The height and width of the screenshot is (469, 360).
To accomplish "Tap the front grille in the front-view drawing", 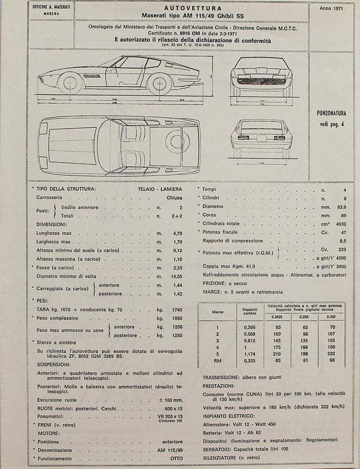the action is point(261,82).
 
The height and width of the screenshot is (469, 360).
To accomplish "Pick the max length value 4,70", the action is point(177,233).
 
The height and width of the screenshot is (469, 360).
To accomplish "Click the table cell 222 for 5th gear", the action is point(331,353).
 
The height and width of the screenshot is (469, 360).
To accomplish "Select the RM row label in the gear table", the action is point(218,361).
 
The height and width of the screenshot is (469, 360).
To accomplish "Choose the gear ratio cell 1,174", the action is point(248,353).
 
